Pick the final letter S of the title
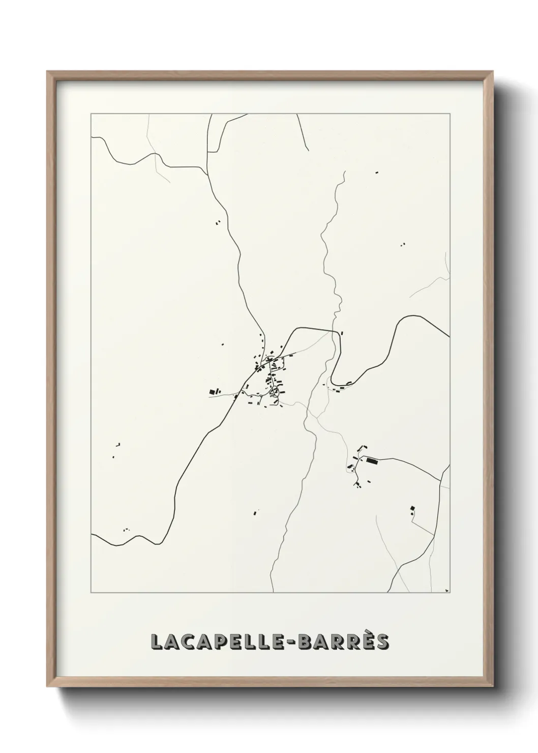382,642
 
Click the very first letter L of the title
158,642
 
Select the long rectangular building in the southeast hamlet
372,461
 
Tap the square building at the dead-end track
412,508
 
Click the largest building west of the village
212,391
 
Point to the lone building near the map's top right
377,173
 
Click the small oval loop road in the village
275,391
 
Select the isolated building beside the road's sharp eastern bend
342,334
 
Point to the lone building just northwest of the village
222,344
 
